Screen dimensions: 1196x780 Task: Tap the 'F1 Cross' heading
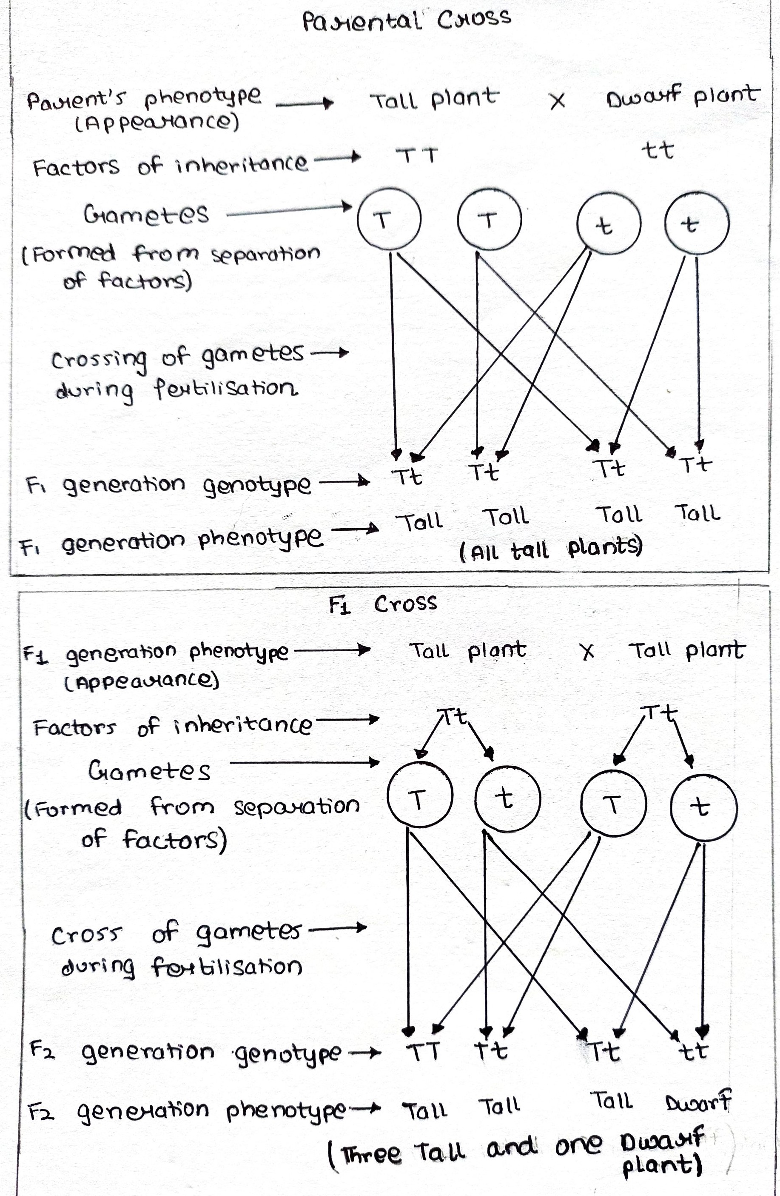pos(383,604)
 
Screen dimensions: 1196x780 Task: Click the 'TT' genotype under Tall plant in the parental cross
pos(417,155)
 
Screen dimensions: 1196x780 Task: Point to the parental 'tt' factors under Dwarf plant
pos(658,150)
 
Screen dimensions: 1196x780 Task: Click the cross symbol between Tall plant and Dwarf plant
pos(558,101)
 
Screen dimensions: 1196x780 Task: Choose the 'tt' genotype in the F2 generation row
pos(693,1051)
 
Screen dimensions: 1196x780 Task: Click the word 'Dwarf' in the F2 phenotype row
pos(698,1102)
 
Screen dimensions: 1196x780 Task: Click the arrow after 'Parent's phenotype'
pos(305,103)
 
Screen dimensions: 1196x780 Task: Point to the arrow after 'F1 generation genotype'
pos(344,482)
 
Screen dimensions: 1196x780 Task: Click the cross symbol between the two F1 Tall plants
pos(586,651)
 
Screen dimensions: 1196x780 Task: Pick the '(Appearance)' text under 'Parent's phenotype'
pos(157,122)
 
